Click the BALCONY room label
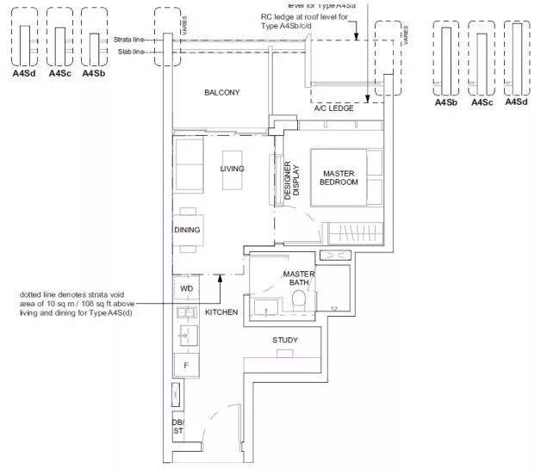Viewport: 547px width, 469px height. coord(222,93)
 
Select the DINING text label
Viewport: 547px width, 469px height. coord(187,230)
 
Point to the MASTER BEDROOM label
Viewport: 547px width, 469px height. coord(338,178)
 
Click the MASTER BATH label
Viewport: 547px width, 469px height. coord(299,278)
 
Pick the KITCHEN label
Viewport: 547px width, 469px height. coord(221,312)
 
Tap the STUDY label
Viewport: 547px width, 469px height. coord(285,340)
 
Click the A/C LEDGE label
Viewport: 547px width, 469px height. coord(333,108)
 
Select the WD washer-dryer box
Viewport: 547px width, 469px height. coord(187,288)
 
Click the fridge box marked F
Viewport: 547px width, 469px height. coord(186,365)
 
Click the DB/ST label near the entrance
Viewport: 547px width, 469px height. coord(177,428)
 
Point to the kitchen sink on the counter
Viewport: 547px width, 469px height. coord(183,312)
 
